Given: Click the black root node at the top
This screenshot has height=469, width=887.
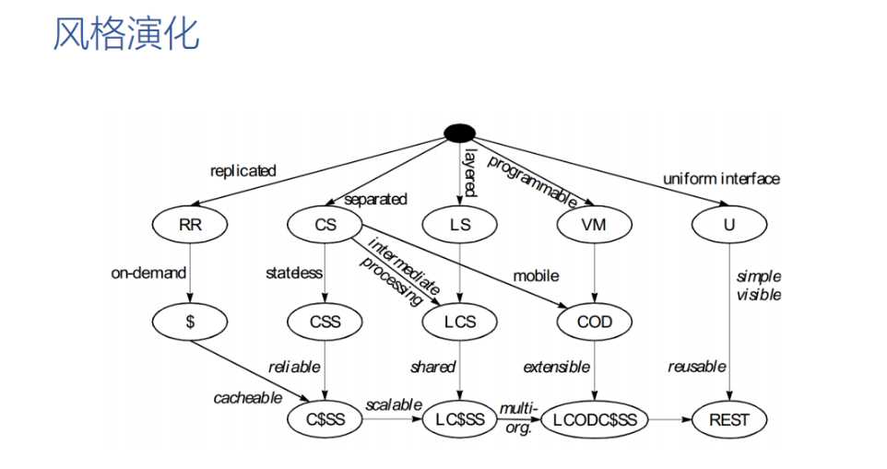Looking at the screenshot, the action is click(459, 133).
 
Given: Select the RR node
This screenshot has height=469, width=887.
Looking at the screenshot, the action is click(190, 224).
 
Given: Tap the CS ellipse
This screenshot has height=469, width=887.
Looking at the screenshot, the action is click(325, 224).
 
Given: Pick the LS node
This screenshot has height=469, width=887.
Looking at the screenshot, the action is click(459, 224).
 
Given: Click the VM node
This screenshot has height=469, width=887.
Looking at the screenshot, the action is click(594, 224).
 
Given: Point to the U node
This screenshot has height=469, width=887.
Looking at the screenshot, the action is click(729, 224).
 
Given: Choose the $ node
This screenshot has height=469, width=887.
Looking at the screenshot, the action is click(190, 322).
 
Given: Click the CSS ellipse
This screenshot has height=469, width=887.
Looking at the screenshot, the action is click(325, 322).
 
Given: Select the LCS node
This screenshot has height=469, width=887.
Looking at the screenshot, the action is click(459, 322).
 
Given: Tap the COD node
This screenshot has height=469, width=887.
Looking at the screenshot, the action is click(594, 322).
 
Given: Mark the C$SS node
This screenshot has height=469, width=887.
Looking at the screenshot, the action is click(325, 419).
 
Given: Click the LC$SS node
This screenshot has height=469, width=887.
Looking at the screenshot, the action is click(459, 419).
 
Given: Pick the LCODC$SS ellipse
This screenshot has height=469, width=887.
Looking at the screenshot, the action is click(595, 419).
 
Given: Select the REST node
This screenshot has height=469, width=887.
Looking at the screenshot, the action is click(729, 419).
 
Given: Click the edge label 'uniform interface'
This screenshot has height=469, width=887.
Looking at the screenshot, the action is click(721, 179).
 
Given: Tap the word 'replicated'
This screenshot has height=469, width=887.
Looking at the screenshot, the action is click(243, 170).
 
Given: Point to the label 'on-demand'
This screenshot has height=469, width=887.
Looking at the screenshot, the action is click(148, 273).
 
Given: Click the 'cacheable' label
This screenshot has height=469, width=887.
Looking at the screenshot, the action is click(248, 398).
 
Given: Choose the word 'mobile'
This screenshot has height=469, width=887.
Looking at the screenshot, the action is click(536, 276).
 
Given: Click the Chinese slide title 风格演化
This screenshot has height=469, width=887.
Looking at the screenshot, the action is click(126, 33).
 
